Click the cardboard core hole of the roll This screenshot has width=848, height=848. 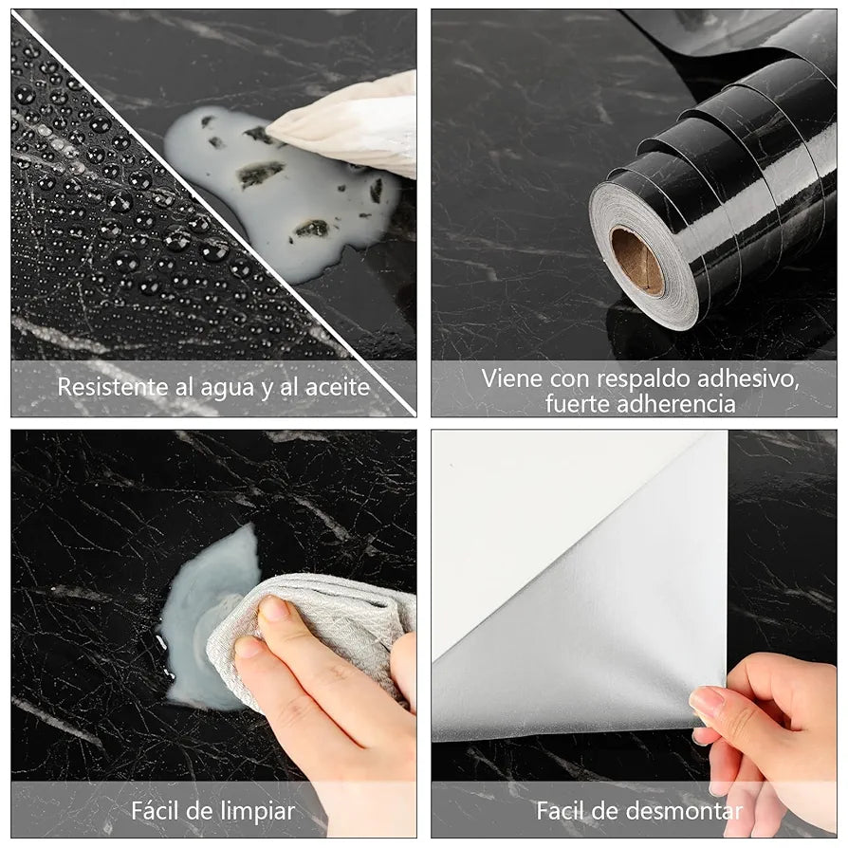tap(636, 261)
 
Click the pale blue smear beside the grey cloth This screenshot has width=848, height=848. tap(194, 617)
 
